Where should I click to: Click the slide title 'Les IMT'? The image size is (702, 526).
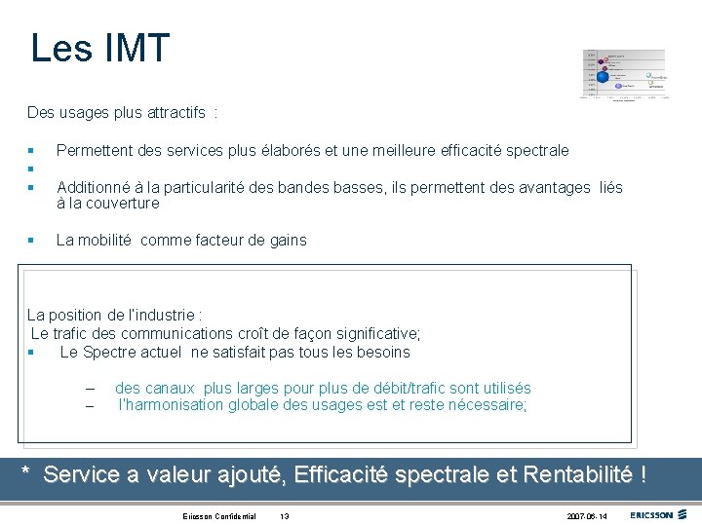[x=99, y=48]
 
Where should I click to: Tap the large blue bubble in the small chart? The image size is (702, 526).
[x=603, y=77]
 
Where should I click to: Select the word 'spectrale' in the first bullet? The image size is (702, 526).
[x=534, y=150]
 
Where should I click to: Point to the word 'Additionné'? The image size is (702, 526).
[x=93, y=187]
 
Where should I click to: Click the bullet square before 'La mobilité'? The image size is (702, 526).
[x=32, y=241]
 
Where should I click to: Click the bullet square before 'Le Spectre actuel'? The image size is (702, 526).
[x=32, y=353]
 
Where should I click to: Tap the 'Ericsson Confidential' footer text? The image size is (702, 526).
[x=219, y=516]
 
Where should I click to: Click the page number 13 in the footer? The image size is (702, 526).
[x=285, y=516]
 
